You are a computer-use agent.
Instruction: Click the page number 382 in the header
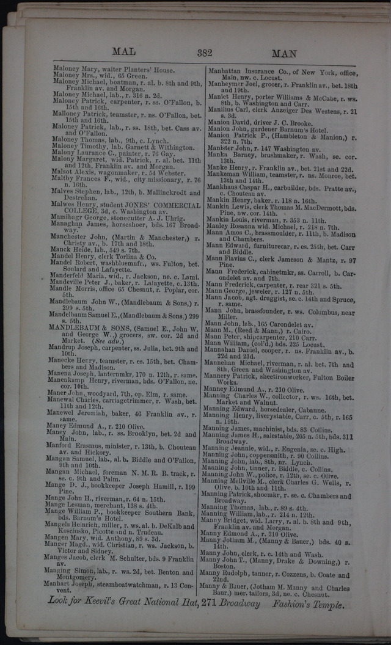tap(204, 53)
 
